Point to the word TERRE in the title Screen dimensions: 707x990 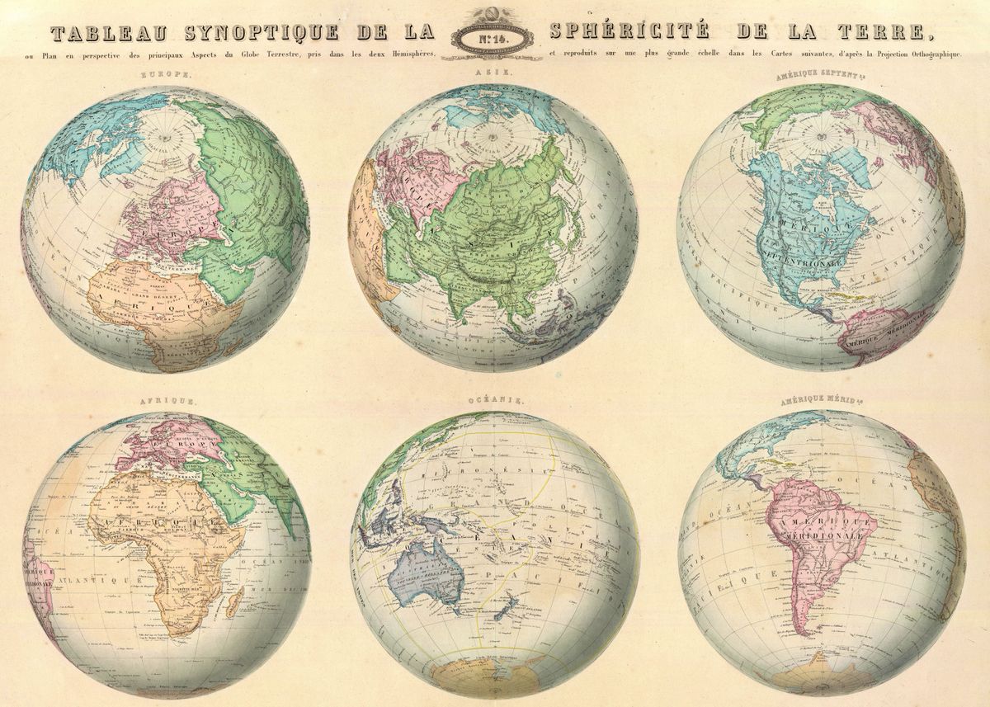[880, 34]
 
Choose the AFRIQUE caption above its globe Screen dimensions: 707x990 [167, 401]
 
